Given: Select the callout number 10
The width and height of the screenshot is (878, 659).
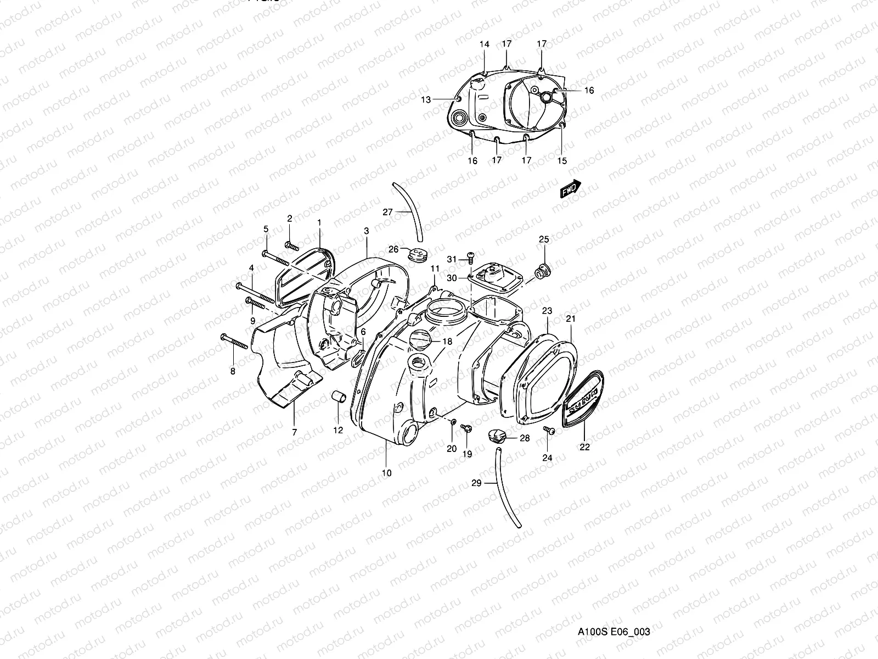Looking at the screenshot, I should click(386, 473).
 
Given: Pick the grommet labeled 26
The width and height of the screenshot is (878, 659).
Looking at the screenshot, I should click(418, 254).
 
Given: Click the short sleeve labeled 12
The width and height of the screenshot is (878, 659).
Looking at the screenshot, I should click(336, 396).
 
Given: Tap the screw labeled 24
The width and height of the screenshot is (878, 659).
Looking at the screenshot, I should click(549, 431).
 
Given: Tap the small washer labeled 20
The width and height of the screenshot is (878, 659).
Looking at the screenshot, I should click(453, 422).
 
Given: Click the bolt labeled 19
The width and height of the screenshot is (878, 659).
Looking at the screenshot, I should click(466, 428).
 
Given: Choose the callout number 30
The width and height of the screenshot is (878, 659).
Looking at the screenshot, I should click(451, 278).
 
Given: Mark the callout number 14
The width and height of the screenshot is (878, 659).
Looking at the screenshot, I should click(485, 44).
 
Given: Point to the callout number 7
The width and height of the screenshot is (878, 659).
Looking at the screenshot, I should click(294, 432).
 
